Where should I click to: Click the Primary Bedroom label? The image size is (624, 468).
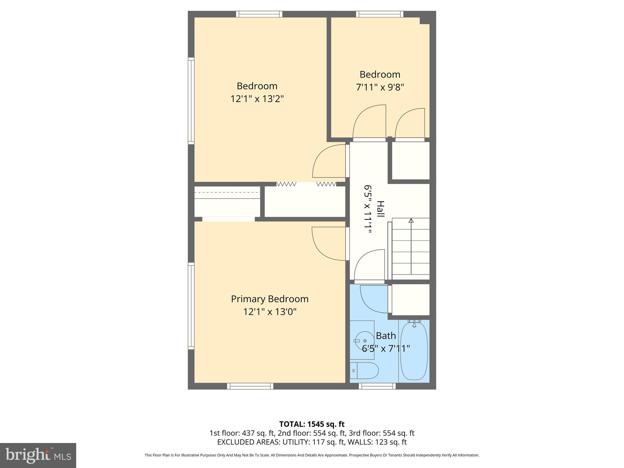pyautogui.click(x=270, y=299)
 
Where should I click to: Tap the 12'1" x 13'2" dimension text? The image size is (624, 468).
pyautogui.click(x=257, y=99)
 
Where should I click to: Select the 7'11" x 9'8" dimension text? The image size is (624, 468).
pyautogui.click(x=380, y=87)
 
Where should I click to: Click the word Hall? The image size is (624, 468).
pyautogui.click(x=380, y=209)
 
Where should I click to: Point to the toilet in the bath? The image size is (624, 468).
pyautogui.click(x=364, y=370)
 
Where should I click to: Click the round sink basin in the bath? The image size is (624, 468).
pyautogui.click(x=365, y=340)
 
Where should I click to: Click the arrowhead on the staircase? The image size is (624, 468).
pyautogui.click(x=411, y=220)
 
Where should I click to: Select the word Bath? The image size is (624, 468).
pyautogui.click(x=386, y=336)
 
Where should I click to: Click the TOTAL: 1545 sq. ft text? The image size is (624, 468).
pyautogui.click(x=312, y=424)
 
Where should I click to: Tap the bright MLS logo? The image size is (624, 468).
pyautogui.click(x=38, y=456)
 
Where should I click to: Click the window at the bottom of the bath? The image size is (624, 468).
pyautogui.click(x=377, y=386)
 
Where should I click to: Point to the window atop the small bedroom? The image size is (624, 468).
pyautogui.click(x=380, y=14)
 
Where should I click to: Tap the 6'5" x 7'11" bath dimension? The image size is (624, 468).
pyautogui.click(x=386, y=349)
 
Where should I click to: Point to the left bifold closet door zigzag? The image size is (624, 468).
pyautogui.click(x=286, y=184)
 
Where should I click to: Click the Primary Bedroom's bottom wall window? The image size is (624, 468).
pyautogui.click(x=250, y=386)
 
